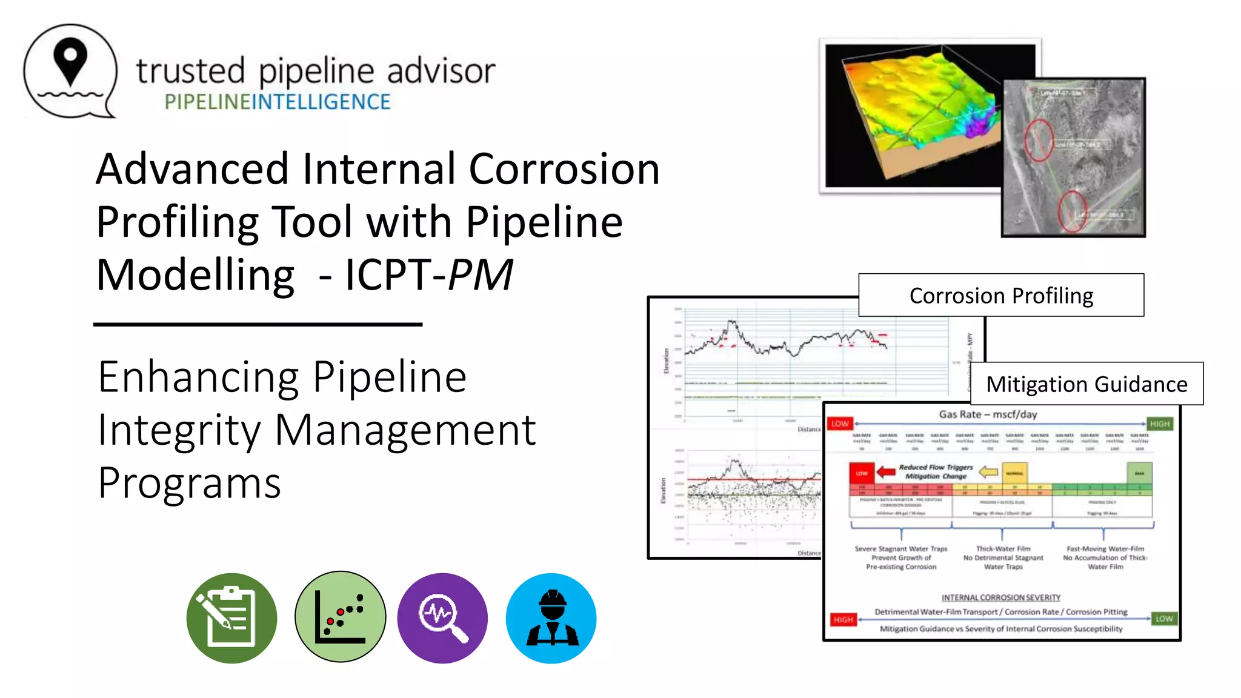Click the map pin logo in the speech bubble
(70, 61)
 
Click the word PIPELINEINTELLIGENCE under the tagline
(278, 102)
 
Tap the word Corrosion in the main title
(564, 169)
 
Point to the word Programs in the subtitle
(190, 484)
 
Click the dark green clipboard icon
(231, 618)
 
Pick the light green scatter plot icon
(340, 617)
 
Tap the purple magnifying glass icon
(442, 618)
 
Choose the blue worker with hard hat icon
(551, 618)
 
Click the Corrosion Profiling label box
(1001, 295)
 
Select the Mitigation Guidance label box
(1086, 384)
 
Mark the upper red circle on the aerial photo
(1039, 140)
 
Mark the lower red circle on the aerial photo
(1071, 211)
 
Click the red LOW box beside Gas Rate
(840, 424)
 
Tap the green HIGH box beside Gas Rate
(1159, 424)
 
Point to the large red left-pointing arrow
(885, 472)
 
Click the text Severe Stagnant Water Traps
(900, 549)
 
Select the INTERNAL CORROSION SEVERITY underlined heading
(1000, 597)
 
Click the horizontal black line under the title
(258, 325)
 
